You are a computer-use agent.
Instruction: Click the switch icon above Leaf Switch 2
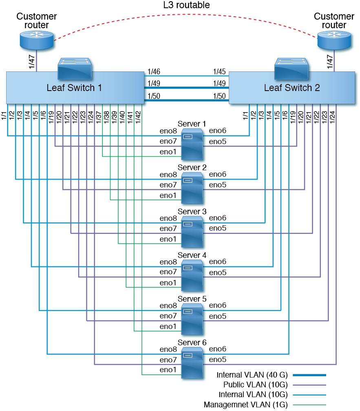click(x=292, y=68)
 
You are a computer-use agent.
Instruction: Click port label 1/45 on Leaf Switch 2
click(x=219, y=71)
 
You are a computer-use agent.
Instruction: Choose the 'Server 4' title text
click(x=192, y=255)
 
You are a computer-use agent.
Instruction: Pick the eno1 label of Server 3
click(x=168, y=239)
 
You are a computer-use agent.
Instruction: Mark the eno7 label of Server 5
click(x=168, y=316)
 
